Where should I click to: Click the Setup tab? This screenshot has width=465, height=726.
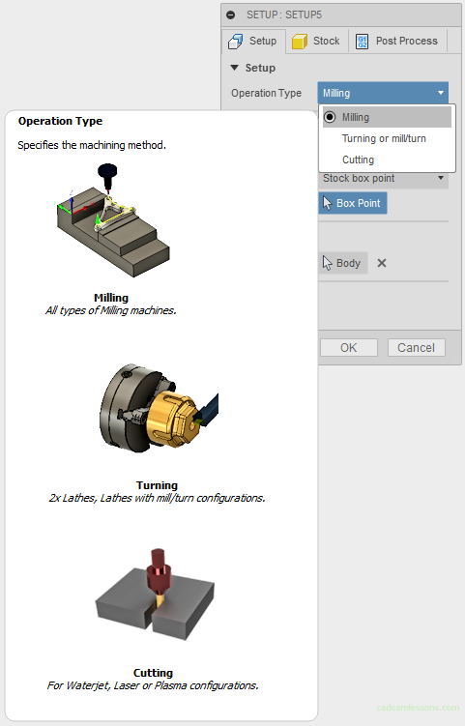[252, 41]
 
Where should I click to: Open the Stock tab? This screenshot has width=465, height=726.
[316, 41]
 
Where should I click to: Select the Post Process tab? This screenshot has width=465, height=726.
[396, 41]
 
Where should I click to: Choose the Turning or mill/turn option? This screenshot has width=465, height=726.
[384, 138]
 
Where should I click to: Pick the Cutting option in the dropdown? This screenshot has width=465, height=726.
[358, 160]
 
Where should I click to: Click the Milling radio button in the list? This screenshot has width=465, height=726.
[331, 117]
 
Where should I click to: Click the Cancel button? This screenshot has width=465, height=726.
[416, 347]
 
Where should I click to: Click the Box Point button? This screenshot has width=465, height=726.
[353, 203]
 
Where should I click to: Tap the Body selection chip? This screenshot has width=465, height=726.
[342, 263]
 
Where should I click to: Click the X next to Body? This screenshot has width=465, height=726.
[382, 263]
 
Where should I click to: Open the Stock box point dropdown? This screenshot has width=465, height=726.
[384, 178]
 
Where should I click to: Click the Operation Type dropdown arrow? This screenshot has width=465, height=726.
[441, 93]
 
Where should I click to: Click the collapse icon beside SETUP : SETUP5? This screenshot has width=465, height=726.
[230, 15]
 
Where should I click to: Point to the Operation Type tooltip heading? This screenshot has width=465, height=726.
[60, 121]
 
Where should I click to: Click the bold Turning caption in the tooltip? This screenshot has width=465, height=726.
[157, 485]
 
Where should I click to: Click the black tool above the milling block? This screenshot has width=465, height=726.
[106, 176]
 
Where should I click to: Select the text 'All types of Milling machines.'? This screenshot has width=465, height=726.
[110, 310]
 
